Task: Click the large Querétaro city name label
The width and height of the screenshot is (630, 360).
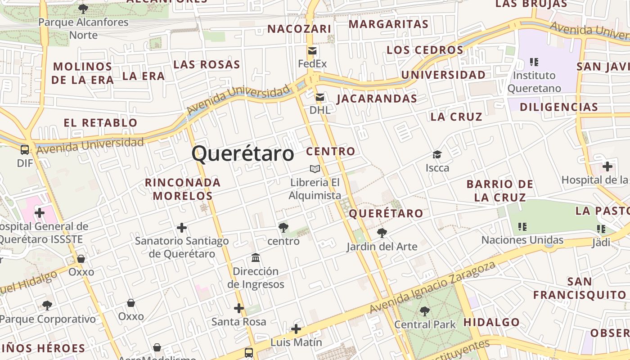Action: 243,154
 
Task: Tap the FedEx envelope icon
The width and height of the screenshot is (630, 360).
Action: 312,51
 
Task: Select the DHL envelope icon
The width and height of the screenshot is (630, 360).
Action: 320,97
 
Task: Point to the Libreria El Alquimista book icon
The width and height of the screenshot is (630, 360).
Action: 315,169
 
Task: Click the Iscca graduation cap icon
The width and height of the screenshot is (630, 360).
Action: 437,155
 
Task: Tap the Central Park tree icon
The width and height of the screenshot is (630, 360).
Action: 425,311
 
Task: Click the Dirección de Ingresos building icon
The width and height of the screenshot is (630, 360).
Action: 256,258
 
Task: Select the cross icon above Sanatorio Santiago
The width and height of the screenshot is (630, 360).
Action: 182,228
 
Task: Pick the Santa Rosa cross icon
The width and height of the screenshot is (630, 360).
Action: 239,308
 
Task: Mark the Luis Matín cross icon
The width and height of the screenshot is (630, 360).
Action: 296,329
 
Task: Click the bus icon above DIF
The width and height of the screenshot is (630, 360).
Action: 25,150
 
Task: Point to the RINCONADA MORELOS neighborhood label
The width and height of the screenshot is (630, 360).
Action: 183,189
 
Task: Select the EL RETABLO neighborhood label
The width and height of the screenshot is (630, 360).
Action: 100,122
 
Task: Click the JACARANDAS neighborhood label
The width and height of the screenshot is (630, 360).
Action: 377,99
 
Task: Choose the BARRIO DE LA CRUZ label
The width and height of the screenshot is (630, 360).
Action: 499,190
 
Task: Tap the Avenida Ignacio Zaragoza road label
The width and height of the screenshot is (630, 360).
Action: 432,287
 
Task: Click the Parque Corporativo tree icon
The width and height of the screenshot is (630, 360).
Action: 47,306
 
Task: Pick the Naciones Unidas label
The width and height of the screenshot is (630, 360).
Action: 522,240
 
